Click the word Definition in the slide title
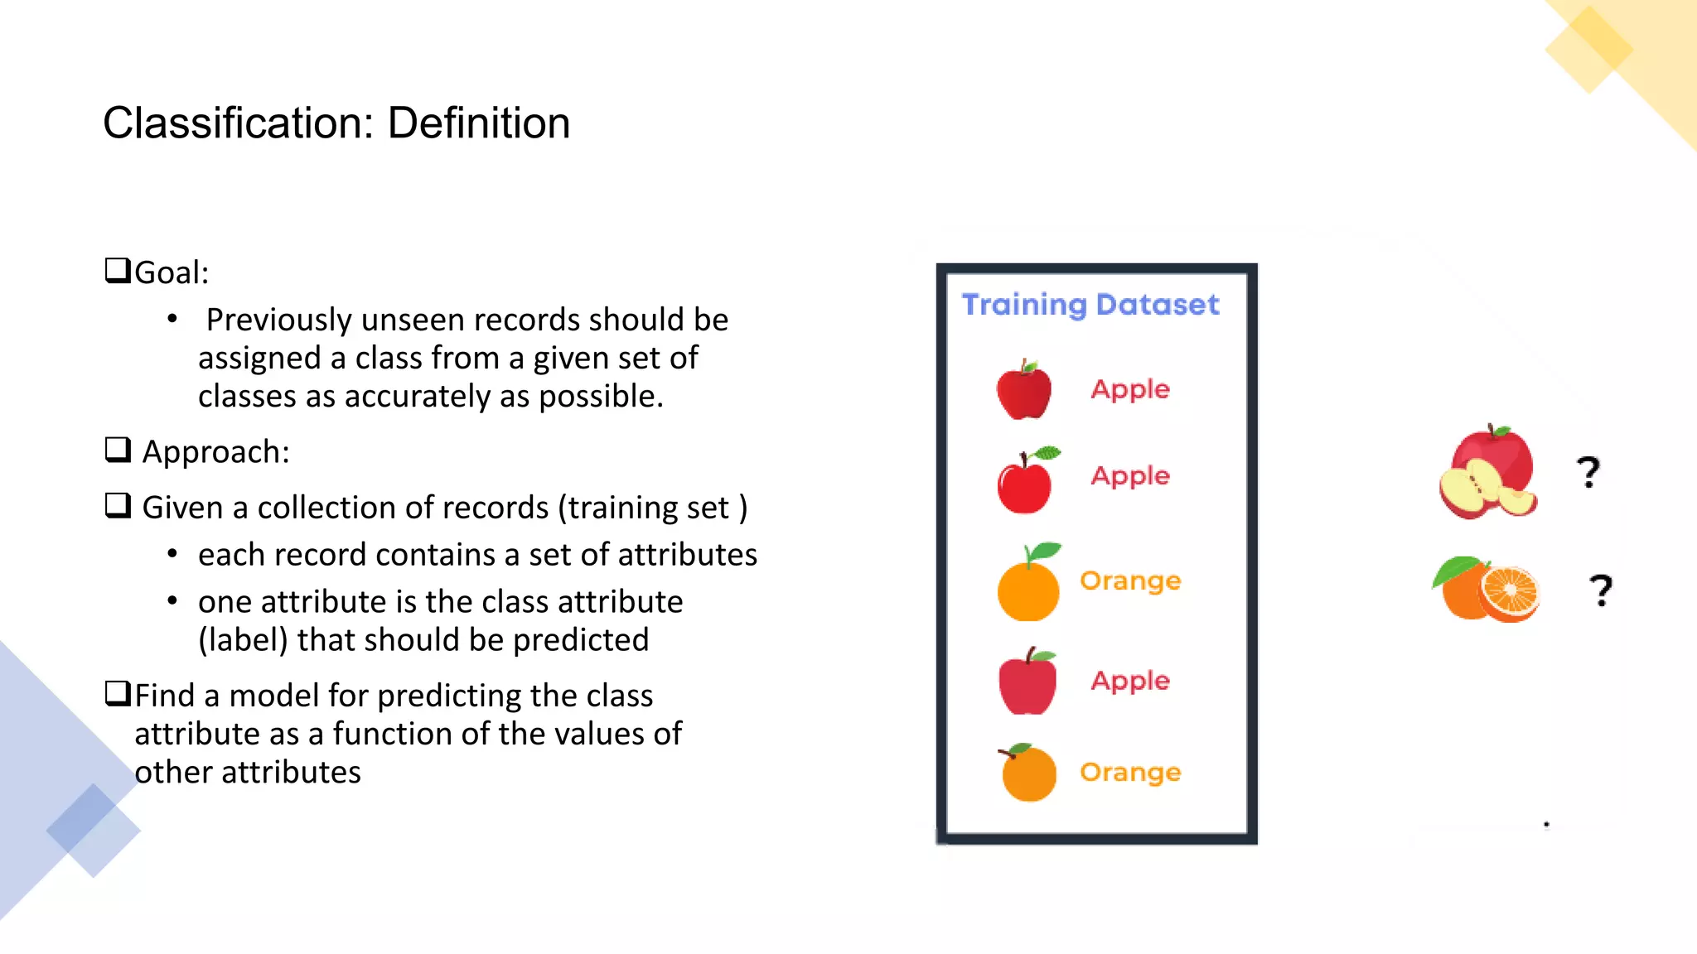point(478,123)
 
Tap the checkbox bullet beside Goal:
point(118,271)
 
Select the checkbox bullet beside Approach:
point(118,450)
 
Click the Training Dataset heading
point(1090,305)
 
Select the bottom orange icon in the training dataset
point(1027,773)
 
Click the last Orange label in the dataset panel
point(1130,773)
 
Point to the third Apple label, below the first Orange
point(1130,681)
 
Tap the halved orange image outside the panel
point(1487,590)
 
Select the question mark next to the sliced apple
point(1588,472)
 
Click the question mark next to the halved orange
point(1601,590)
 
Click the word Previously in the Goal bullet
point(278,320)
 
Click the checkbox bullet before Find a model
point(118,693)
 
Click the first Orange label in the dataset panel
point(1130,581)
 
